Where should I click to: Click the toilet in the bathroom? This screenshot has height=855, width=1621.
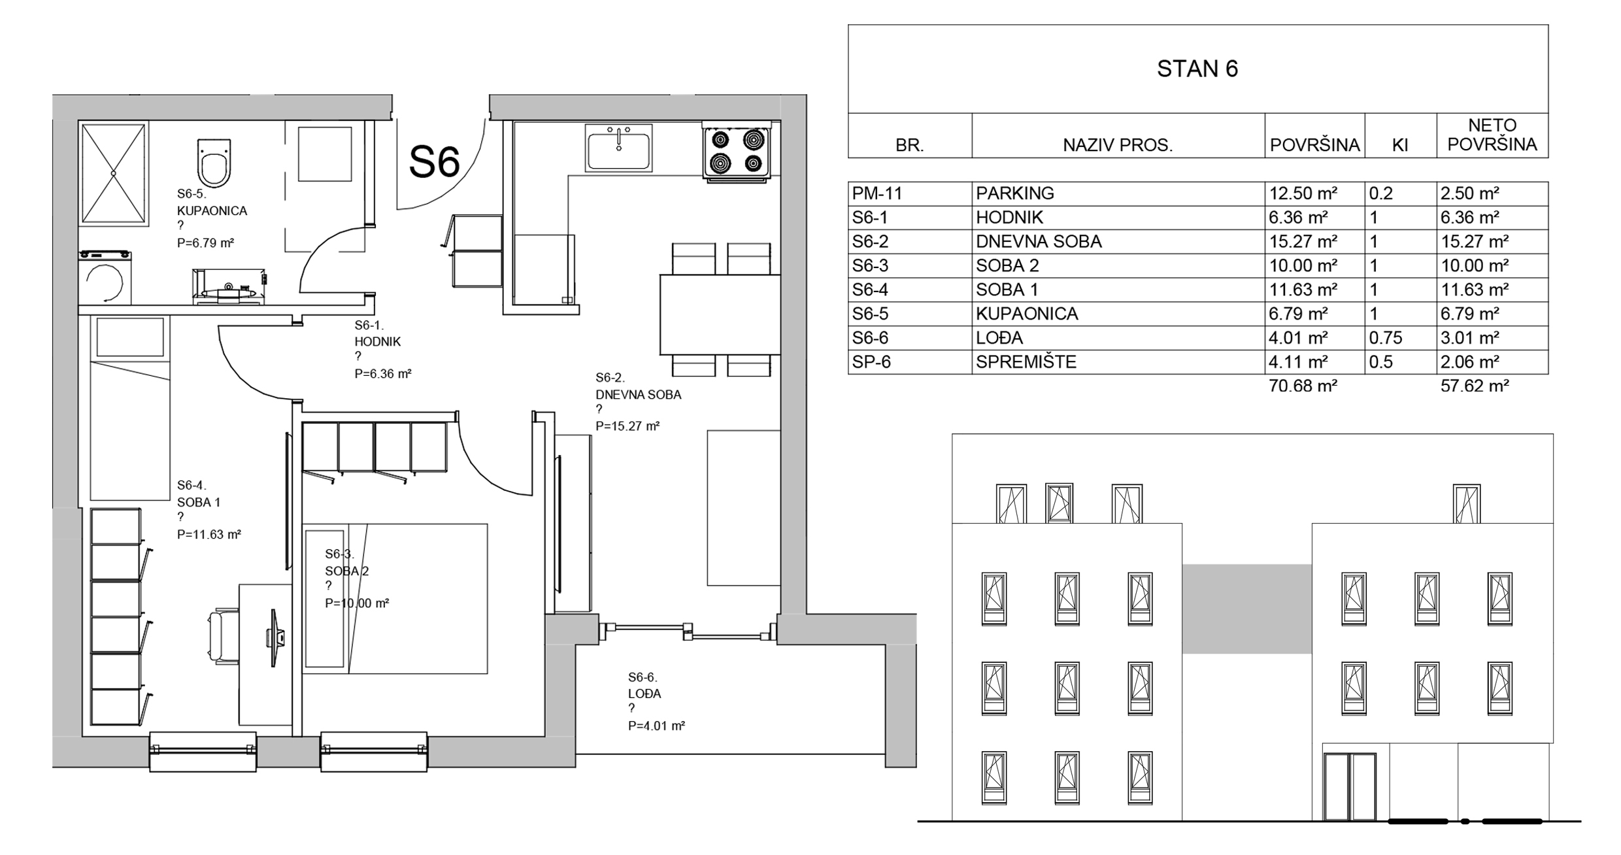pyautogui.click(x=214, y=163)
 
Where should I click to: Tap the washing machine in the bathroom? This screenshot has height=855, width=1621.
pyautogui.click(x=105, y=278)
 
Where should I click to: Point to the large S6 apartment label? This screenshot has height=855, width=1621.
pyautogui.click(x=435, y=161)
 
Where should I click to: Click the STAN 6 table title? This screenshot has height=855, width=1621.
pyautogui.click(x=1197, y=69)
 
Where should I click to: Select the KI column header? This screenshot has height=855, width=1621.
pyautogui.click(x=1400, y=145)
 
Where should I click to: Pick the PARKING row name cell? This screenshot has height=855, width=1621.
pyautogui.click(x=1015, y=193)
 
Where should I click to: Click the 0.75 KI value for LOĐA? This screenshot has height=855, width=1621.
pyautogui.click(x=1386, y=338)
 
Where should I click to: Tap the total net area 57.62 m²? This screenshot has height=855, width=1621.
pyautogui.click(x=1475, y=386)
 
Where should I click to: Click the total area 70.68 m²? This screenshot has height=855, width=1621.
pyautogui.click(x=1303, y=386)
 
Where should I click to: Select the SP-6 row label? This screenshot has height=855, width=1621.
pyautogui.click(x=871, y=362)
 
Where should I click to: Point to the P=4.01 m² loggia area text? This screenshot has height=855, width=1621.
pyautogui.click(x=656, y=726)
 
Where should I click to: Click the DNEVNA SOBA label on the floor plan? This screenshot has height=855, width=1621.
pyautogui.click(x=638, y=395)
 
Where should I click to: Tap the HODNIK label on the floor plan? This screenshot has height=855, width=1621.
pyautogui.click(x=378, y=341)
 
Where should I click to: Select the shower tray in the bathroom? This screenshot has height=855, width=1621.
pyautogui.click(x=114, y=173)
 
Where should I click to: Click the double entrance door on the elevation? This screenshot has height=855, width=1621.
pyautogui.click(x=1350, y=786)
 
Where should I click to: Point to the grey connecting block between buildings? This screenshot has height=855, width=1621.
pyautogui.click(x=1246, y=609)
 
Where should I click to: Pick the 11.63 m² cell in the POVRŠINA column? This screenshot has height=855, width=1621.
pyautogui.click(x=1303, y=290)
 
